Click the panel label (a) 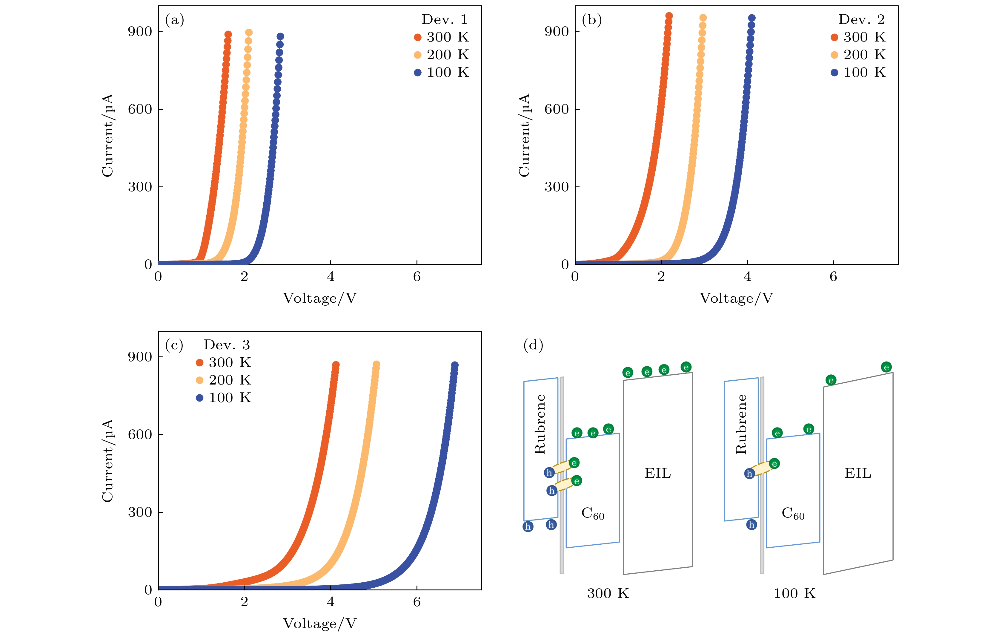[x=174, y=20]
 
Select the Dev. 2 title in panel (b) [x=861, y=19]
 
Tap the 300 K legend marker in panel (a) [x=417, y=37]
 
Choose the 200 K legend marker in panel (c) [x=199, y=380]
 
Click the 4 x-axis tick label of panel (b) [x=747, y=277]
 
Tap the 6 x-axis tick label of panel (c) [x=416, y=602]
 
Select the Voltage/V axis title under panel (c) [x=319, y=623]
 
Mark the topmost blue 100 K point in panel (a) [x=280, y=36]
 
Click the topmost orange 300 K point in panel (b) [x=669, y=16]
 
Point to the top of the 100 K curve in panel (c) [x=455, y=365]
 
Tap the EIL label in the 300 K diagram [x=657, y=473]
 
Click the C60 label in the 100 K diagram [x=793, y=514]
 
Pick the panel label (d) [x=533, y=345]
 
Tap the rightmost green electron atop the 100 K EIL [x=886, y=367]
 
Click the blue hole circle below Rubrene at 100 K [x=751, y=525]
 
